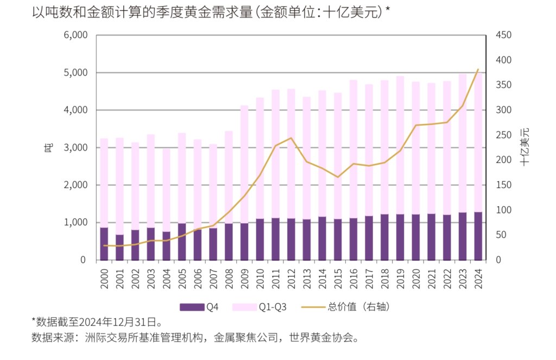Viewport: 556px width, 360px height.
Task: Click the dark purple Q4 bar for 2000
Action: point(104,244)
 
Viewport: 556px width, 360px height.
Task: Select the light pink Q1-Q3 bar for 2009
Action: point(244,163)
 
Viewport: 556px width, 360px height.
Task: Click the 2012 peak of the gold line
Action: point(291,138)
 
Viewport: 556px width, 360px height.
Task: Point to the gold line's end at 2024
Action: point(478,70)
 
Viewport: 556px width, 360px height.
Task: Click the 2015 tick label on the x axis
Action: point(338,278)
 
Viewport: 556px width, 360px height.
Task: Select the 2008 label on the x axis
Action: point(229,278)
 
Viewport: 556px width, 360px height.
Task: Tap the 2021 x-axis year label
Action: point(431,278)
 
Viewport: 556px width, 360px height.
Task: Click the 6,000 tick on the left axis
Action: point(76,35)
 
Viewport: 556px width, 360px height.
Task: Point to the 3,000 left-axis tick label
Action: point(76,148)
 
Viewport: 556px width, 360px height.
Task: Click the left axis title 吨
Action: point(48,147)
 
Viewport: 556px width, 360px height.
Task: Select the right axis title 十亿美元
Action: point(525,147)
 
